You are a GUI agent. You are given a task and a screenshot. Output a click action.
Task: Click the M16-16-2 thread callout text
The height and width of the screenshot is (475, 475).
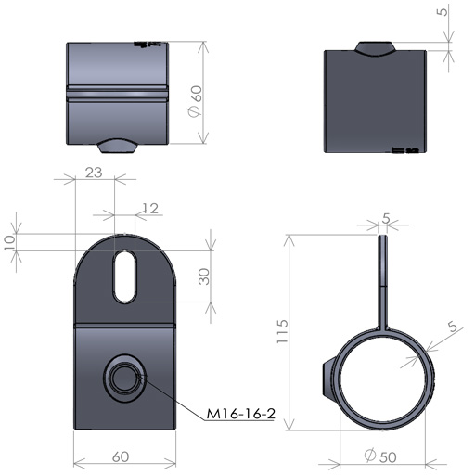(240, 414)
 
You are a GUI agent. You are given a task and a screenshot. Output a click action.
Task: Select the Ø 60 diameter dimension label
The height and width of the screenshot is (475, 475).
(196, 101)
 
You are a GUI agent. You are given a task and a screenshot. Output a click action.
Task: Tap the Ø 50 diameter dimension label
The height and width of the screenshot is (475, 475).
(380, 456)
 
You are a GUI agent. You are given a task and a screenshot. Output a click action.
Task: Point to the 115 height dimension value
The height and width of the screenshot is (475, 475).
(282, 331)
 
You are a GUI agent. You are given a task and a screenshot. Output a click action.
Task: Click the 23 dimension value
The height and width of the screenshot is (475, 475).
(94, 173)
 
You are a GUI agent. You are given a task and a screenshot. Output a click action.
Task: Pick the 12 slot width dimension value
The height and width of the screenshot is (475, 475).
(150, 209)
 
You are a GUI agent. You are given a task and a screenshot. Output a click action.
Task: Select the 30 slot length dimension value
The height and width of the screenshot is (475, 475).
(204, 276)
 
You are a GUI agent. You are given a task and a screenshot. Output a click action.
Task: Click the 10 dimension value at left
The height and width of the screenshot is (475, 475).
(9, 242)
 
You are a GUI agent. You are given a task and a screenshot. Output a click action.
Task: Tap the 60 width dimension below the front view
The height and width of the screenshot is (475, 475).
(121, 456)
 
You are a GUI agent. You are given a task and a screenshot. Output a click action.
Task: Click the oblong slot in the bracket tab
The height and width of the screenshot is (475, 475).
(125, 276)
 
